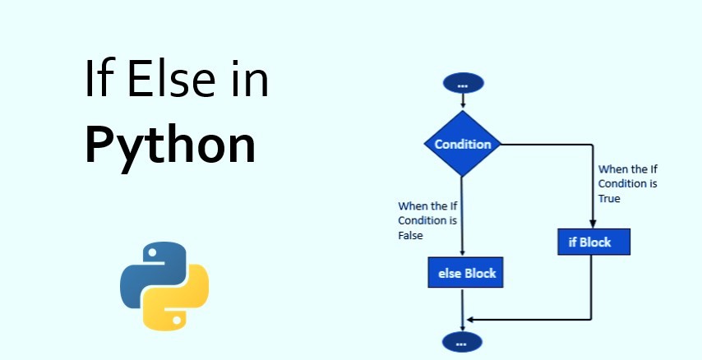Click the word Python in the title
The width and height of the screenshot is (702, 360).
pyautogui.click(x=170, y=145)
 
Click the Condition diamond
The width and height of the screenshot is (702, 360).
pyautogui.click(x=463, y=145)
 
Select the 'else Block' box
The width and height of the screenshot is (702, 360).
pyautogui.click(x=464, y=272)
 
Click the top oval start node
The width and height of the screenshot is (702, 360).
pyautogui.click(x=463, y=83)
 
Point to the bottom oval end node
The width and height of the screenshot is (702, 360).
pyautogui.click(x=463, y=340)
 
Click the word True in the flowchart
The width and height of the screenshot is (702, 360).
pyautogui.click(x=609, y=198)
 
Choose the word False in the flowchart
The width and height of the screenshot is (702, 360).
pyautogui.click(x=410, y=234)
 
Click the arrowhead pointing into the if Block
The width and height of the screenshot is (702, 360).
pyautogui.click(x=592, y=223)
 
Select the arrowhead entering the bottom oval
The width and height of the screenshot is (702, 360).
pyautogui.click(x=463, y=326)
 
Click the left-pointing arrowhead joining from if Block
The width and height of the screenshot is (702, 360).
pyautogui.click(x=470, y=318)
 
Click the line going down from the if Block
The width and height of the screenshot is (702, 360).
pyautogui.click(x=592, y=288)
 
